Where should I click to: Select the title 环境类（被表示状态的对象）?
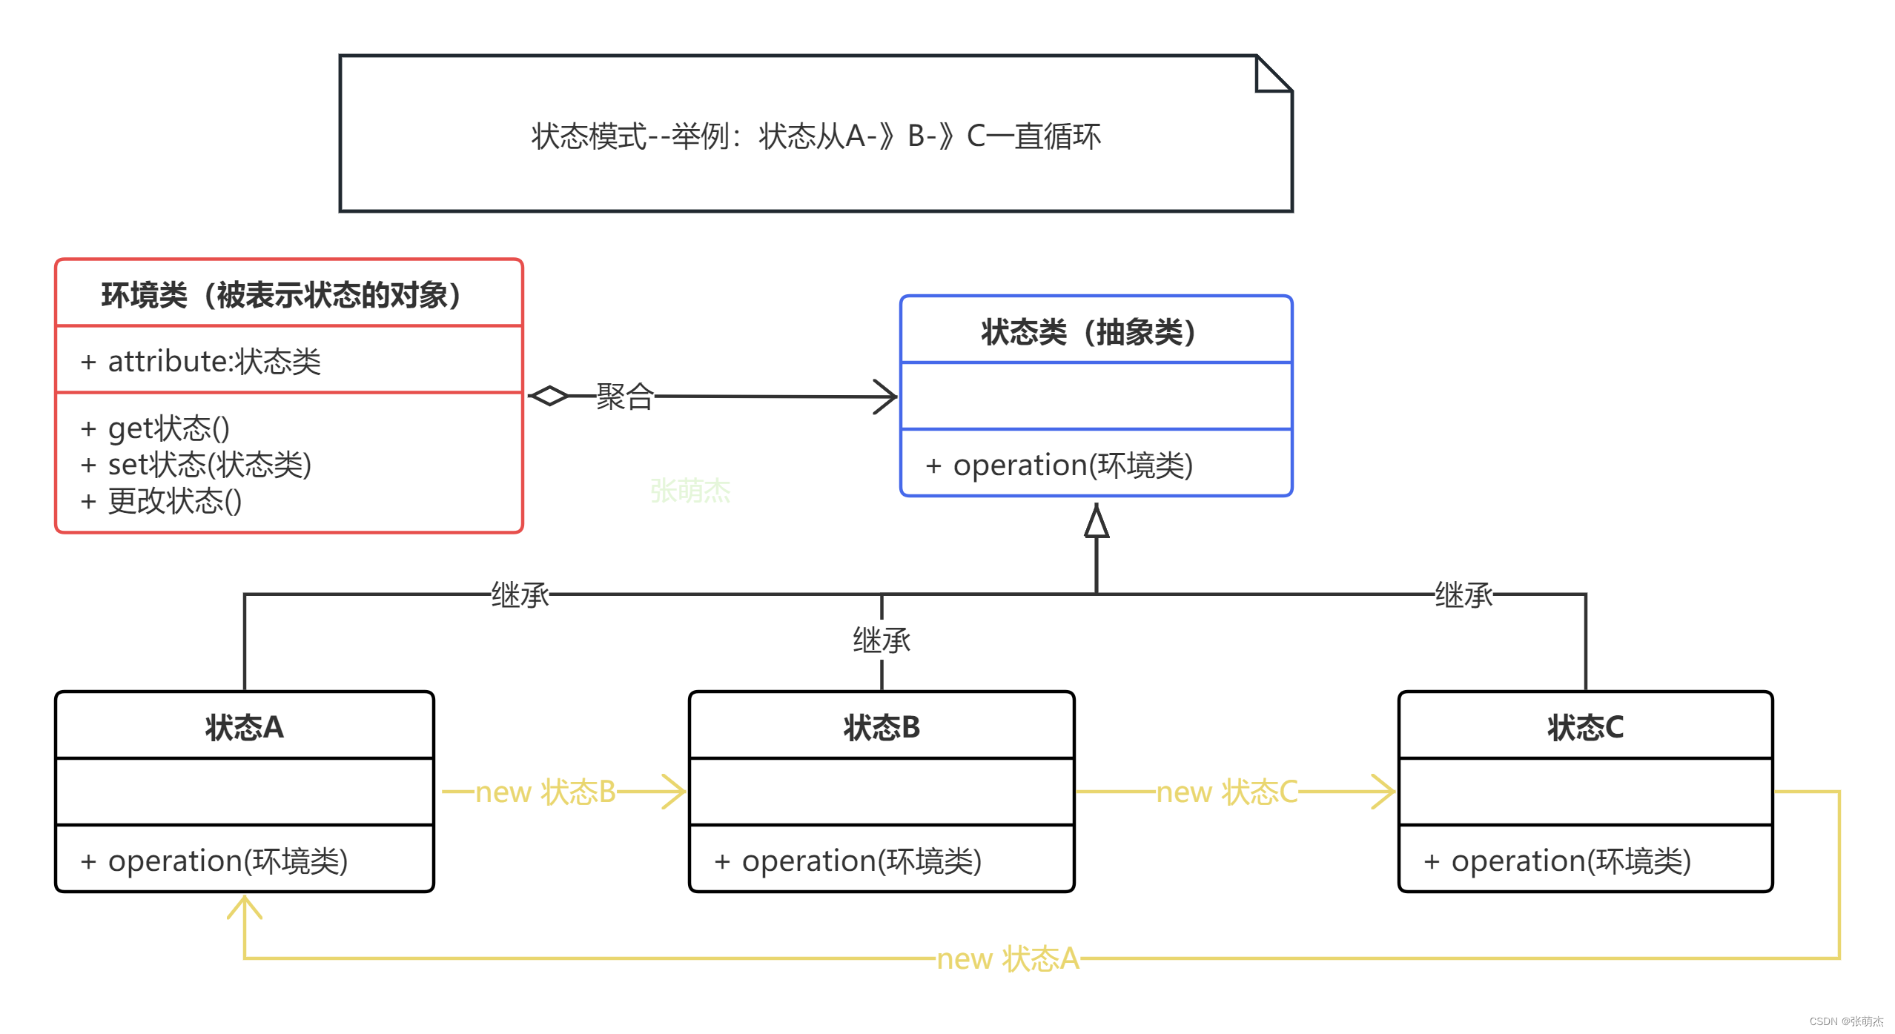[281, 295]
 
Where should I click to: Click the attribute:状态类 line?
[200, 362]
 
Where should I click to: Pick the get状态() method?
[155, 428]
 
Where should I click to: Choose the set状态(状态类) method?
[196, 465]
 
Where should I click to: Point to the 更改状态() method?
[161, 501]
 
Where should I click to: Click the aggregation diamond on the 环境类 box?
[549, 397]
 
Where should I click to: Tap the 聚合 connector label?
[625, 397]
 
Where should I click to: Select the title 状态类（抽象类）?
[1088, 331]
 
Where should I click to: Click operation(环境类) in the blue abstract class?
[1059, 465]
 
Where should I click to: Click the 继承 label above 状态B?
[882, 640]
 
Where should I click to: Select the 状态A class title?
[245, 727]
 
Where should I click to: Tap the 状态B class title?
[882, 727]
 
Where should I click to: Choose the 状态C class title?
[1585, 727]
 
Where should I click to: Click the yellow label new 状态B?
[546, 792]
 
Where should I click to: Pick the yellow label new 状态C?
[1227, 792]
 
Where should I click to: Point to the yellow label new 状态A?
[1008, 958]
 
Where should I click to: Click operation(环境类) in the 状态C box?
[1558, 861]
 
